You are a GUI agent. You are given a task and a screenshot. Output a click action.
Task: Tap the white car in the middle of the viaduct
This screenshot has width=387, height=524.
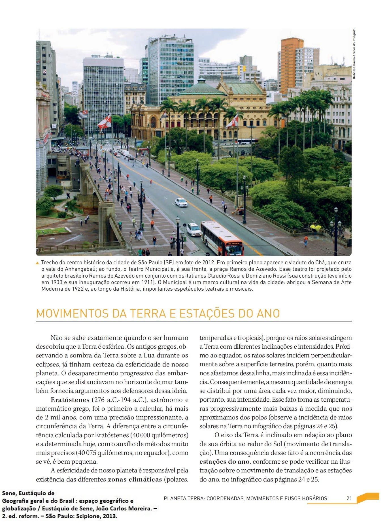[x=181, y=202]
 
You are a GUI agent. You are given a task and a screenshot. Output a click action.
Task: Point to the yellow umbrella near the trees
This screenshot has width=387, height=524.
[x=315, y=227]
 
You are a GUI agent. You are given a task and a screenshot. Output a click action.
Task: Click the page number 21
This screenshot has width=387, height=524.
[x=349, y=498]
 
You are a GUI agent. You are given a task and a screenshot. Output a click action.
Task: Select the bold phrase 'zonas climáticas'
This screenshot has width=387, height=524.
[x=135, y=480]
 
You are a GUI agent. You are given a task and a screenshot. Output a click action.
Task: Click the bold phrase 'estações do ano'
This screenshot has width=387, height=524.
[x=224, y=462]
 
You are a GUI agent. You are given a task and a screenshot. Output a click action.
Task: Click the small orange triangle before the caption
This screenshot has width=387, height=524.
[x=38, y=263]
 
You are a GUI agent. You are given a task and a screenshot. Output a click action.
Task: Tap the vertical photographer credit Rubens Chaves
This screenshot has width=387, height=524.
[x=354, y=54]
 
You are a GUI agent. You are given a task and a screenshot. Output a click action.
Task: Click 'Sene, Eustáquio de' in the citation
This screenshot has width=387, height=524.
[x=28, y=493]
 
